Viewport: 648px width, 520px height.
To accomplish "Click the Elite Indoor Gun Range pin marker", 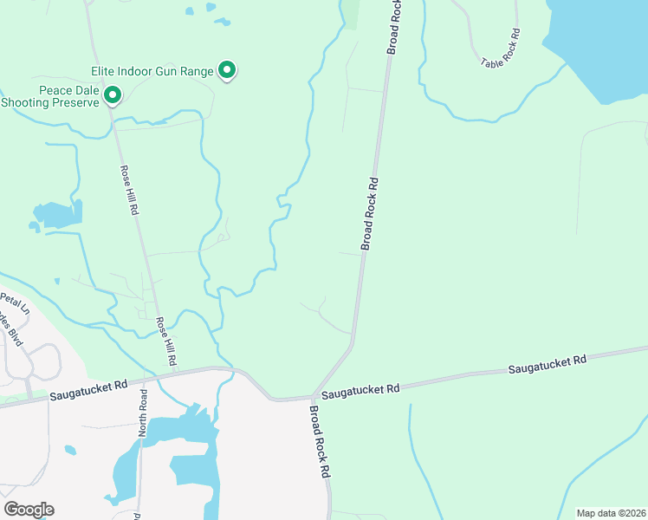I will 227,69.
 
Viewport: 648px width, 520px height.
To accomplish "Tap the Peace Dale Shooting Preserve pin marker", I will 112,94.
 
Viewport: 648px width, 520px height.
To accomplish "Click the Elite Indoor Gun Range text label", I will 152,71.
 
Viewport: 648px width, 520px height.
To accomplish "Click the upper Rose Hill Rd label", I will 129,190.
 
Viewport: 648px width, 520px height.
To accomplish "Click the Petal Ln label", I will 14,304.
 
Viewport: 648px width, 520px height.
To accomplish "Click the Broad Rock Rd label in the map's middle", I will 370,214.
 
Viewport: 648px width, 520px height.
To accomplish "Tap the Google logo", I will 29,509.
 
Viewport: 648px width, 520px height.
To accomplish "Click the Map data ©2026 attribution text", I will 610,513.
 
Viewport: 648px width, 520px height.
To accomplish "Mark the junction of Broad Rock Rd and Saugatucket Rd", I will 311,397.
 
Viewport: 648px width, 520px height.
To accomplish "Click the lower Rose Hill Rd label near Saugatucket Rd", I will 166,340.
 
